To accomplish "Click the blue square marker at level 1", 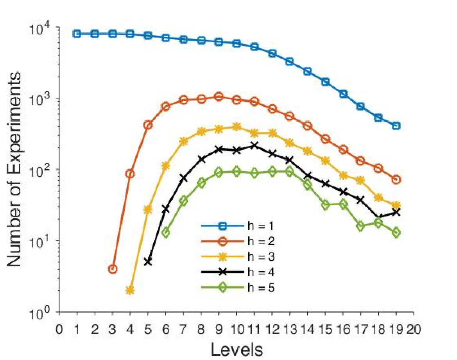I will (77, 34).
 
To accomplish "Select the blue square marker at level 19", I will (396, 125).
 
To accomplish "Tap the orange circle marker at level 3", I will (113, 269).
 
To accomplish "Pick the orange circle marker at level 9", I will (219, 97).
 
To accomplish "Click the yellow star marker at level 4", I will (130, 290).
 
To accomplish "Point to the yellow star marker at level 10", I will (237, 127).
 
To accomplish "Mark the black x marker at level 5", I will (148, 262).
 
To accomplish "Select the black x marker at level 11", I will (254, 145).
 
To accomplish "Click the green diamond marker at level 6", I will (166, 233).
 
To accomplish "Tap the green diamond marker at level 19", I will (396, 232).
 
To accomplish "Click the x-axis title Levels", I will (237, 348).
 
